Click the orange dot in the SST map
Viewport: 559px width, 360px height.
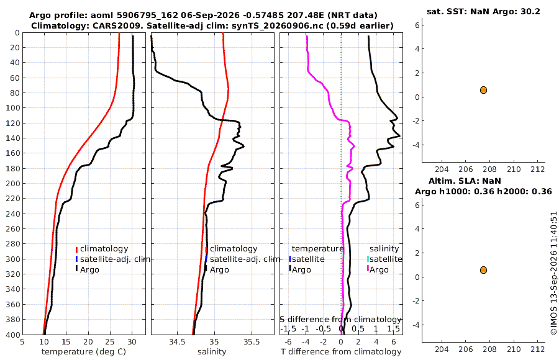[483, 90]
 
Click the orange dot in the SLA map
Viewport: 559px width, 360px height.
[483, 270]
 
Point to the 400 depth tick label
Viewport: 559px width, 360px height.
[12, 335]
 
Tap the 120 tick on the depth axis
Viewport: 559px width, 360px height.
[12, 123]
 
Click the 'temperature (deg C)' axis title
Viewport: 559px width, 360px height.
[84, 352]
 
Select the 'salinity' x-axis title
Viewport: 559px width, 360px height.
[212, 352]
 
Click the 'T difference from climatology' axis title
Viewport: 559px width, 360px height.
[341, 352]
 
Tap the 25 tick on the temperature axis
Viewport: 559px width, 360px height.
[110, 341]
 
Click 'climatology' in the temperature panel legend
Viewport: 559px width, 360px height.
[104, 249]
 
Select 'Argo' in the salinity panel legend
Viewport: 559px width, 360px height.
[219, 270]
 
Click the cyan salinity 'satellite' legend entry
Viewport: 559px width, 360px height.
[386, 259]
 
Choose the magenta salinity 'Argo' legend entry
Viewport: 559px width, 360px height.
[379, 270]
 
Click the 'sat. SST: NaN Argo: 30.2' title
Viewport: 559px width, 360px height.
[483, 11]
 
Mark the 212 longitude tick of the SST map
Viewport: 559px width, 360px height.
[538, 169]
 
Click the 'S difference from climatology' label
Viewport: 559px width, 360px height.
[341, 320]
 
